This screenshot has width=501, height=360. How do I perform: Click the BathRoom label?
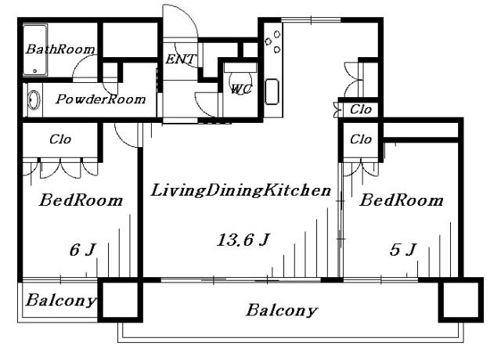click(61, 49)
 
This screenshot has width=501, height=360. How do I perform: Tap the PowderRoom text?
click(101, 99)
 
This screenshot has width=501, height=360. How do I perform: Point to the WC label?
click(240, 88)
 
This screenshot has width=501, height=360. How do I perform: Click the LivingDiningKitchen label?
click(240, 189)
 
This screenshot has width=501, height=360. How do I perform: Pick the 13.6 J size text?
click(243, 240)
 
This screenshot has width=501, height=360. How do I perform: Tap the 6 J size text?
click(82, 250)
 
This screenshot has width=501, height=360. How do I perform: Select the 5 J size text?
click(403, 250)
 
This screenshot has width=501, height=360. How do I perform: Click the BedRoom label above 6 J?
click(81, 200)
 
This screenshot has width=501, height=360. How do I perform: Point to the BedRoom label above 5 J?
click(401, 200)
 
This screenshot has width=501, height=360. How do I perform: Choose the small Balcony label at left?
click(61, 300)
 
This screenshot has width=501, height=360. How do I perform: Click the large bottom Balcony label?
click(282, 310)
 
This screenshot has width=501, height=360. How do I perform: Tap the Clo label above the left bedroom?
click(60, 140)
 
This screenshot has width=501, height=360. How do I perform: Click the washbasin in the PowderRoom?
click(34, 100)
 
